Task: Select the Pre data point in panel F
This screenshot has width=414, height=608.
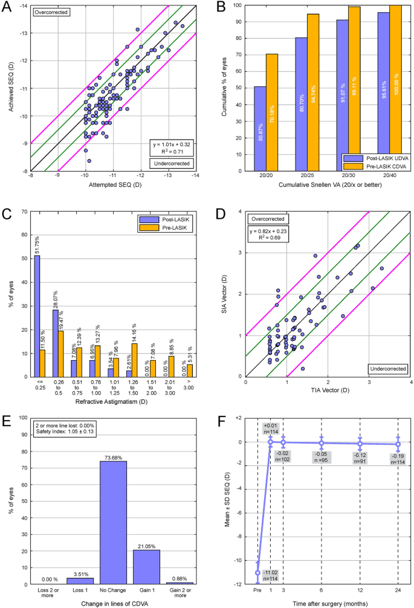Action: point(258,572)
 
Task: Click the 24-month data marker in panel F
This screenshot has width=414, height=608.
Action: point(398,445)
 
